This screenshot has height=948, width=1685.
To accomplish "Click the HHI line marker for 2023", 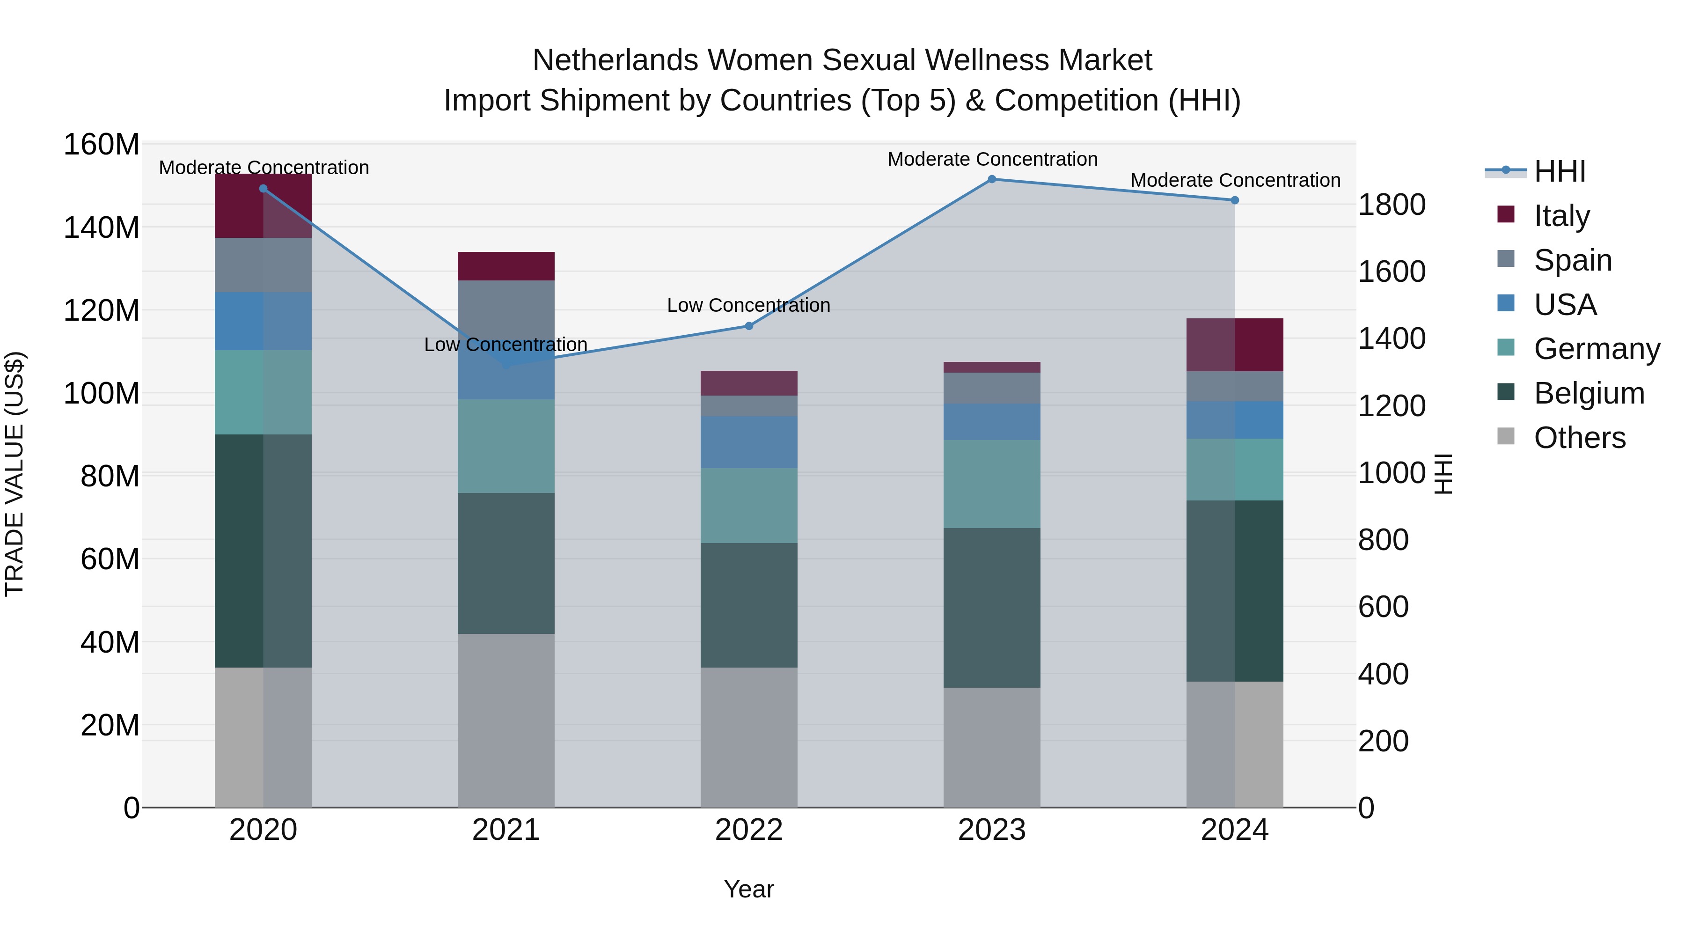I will click(x=992, y=179).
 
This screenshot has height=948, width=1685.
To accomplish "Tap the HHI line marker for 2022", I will click(x=749, y=326).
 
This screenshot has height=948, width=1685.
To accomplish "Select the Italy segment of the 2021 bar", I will click(x=505, y=265).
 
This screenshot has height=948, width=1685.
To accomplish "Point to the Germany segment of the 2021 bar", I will click(x=505, y=446).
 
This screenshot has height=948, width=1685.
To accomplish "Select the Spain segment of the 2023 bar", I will click(x=992, y=388).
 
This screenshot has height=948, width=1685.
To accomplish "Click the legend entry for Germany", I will click(x=1596, y=349).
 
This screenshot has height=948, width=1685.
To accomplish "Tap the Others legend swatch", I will click(x=1506, y=436).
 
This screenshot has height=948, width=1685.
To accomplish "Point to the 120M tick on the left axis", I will click(x=102, y=310).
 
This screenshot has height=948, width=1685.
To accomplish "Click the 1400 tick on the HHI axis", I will click(x=1392, y=339).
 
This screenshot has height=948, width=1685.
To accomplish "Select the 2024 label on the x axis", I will click(x=1234, y=830).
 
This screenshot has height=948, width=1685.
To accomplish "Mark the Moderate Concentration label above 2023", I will click(x=992, y=159).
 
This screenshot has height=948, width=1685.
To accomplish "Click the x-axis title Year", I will click(x=748, y=889).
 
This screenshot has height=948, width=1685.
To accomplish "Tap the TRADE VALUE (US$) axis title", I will click(x=15, y=474).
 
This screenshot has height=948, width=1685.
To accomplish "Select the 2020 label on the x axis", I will click(x=263, y=830).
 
